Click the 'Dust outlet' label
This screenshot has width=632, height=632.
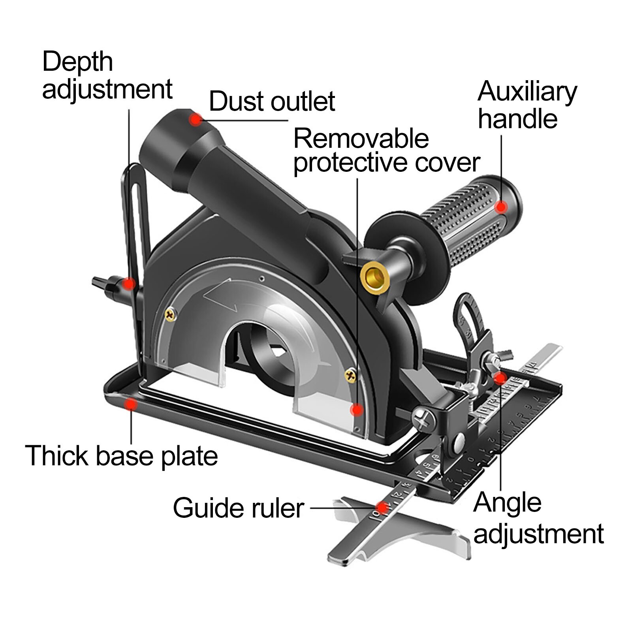pyautogui.click(x=272, y=102)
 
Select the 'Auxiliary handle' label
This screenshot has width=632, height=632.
pyautogui.click(x=527, y=105)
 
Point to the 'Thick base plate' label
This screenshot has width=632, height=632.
pyautogui.click(x=121, y=455)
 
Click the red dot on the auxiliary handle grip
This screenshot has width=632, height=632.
pyautogui.click(x=502, y=207)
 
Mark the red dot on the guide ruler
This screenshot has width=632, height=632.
pyautogui.click(x=381, y=507)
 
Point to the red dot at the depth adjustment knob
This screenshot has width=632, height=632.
pyautogui.click(x=128, y=283)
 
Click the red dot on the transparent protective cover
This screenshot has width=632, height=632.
pyautogui.click(x=357, y=410)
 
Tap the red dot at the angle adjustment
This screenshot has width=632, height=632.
pyautogui.click(x=500, y=378)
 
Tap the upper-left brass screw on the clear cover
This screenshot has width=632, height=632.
pyautogui.click(x=170, y=315)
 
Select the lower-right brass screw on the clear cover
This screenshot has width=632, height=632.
pyautogui.click(x=350, y=376)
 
